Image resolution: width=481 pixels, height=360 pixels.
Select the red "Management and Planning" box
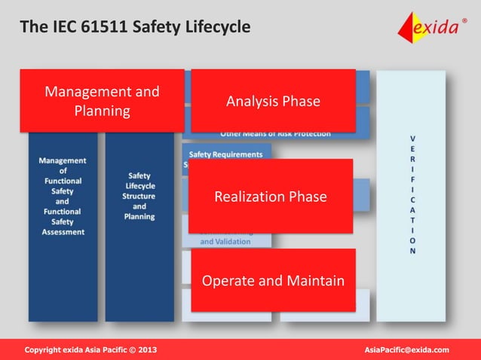tap(102, 101)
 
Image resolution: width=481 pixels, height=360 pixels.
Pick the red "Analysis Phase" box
tap(273, 101)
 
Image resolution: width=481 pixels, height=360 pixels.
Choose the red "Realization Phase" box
tap(271, 197)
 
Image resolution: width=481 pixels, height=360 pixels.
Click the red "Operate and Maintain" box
tap(273, 281)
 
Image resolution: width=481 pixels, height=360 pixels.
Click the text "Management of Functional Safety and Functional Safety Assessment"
tap(63, 196)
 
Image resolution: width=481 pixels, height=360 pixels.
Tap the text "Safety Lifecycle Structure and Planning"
tap(139, 196)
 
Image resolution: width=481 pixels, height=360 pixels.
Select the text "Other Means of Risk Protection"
tap(275, 134)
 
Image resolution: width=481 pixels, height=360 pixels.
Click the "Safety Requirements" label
tap(226, 154)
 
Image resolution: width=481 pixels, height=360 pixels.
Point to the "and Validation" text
tap(225, 241)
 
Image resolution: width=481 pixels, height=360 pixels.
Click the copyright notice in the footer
tap(91, 349)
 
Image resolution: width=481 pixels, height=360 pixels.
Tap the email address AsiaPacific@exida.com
tap(406, 349)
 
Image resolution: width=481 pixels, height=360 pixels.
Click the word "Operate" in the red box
tap(228, 281)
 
